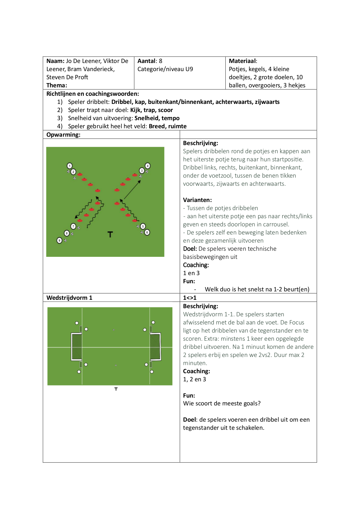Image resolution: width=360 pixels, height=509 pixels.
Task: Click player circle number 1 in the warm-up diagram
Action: click(x=70, y=166)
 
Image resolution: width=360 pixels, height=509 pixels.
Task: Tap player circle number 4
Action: click(x=148, y=166)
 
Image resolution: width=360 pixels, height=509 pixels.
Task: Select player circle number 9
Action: click(x=59, y=240)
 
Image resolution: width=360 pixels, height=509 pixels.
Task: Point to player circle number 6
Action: click(x=147, y=232)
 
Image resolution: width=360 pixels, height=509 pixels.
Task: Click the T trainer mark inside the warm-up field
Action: click(x=110, y=234)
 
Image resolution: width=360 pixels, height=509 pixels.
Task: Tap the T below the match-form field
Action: click(x=116, y=389)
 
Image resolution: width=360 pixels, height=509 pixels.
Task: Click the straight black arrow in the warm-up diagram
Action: click(x=132, y=190)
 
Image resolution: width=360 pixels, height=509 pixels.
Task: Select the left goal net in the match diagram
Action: click(x=77, y=347)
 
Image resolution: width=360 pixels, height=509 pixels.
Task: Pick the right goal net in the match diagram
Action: click(x=155, y=347)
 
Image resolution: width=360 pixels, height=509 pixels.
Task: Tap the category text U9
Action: click(x=189, y=69)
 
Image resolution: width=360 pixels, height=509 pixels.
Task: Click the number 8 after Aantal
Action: click(x=160, y=61)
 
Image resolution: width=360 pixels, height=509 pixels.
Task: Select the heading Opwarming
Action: click(x=63, y=135)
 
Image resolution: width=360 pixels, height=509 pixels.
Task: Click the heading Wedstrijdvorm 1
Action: click(x=69, y=298)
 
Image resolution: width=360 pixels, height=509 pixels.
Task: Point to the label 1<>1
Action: click(x=190, y=298)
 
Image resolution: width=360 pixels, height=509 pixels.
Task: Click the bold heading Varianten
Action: click(x=197, y=200)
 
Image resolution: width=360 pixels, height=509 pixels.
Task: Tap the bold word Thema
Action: click(x=57, y=85)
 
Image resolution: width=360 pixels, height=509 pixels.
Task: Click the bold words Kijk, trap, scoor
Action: click(x=151, y=110)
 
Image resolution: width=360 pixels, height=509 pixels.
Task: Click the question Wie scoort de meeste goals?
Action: click(x=222, y=403)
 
